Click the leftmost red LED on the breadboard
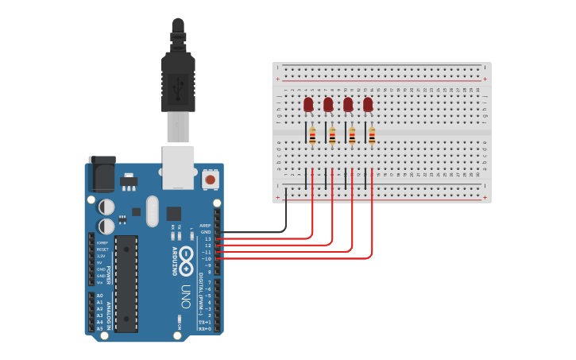[x=308, y=104]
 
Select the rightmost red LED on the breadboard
[x=368, y=104]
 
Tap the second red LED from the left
[x=328, y=104]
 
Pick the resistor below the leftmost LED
[x=312, y=137]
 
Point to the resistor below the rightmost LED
[x=372, y=137]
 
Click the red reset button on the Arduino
[x=211, y=180]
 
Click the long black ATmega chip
[x=126, y=283]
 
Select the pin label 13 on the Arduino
[x=208, y=238]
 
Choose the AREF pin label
[x=206, y=225]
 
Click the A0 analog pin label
[x=99, y=295]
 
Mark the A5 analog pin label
[x=99, y=327]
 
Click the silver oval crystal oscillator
[x=153, y=211]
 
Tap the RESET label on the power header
[x=102, y=250]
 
